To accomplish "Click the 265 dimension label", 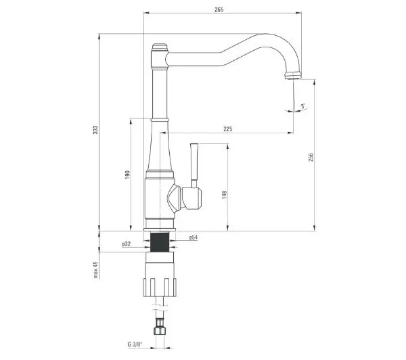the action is coord(219,9).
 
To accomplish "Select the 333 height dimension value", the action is coord(96,130).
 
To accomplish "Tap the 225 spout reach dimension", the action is coord(228,129).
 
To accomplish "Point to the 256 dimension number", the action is coord(311,157).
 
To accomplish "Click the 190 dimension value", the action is coord(127,175).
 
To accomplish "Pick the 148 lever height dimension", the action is coord(224,194).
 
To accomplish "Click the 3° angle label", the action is coord(303,106).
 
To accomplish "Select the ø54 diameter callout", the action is coord(194,238).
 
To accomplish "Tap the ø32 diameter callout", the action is coord(127,244).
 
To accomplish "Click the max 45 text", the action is coord(96,269).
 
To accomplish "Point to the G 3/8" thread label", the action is coord(135,344).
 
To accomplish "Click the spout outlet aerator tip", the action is coord(293,76).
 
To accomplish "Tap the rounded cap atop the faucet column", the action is coord(160,47).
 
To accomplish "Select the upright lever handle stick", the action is coord(194,166).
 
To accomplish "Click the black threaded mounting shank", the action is coord(160,242).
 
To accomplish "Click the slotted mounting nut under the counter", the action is coord(160,287).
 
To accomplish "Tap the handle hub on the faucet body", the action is coord(191,198).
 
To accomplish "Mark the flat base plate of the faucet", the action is coord(160,229).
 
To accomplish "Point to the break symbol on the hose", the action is coord(160,308).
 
